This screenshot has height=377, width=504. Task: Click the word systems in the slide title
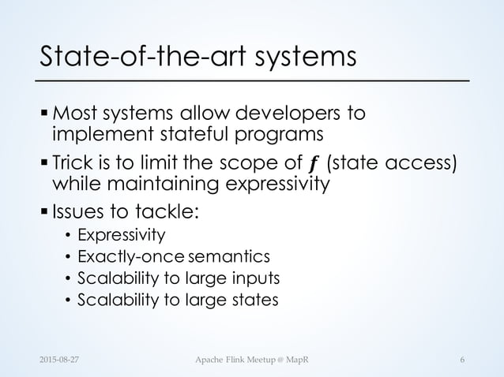tap(309, 57)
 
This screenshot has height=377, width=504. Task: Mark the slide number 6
tap(461, 360)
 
